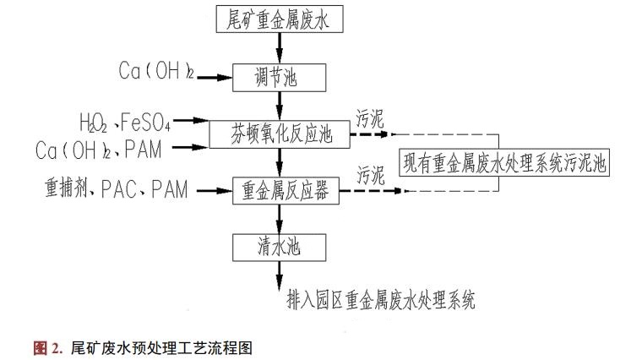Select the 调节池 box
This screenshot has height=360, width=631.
(x=280, y=79)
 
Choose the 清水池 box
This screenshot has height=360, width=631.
(x=280, y=248)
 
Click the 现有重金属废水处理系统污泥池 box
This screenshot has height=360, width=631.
(x=506, y=164)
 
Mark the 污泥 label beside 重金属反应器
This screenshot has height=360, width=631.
(x=372, y=175)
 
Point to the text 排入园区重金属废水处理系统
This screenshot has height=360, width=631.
(x=382, y=299)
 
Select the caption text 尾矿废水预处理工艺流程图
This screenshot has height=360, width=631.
(x=161, y=346)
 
